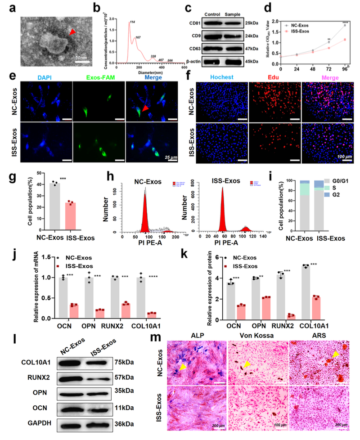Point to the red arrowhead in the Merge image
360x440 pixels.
pos(145,107)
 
